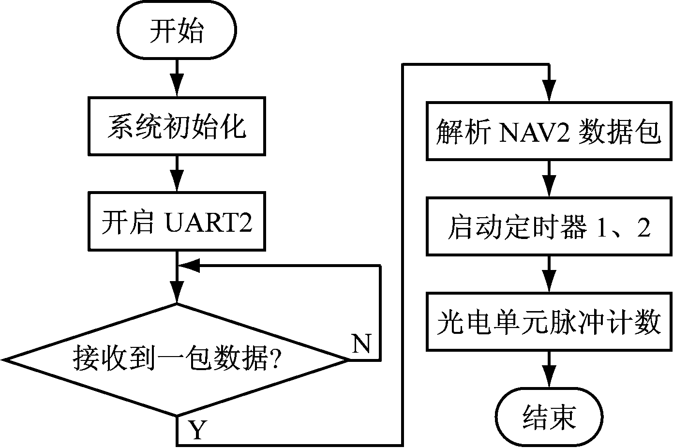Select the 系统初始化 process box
coord(177,126)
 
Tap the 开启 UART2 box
coord(177,222)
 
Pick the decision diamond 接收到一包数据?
coord(177,360)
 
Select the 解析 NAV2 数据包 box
coord(549,131)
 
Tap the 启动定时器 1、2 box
coord(549,226)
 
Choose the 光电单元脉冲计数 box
coord(549,321)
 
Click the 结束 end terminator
coord(549,416)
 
